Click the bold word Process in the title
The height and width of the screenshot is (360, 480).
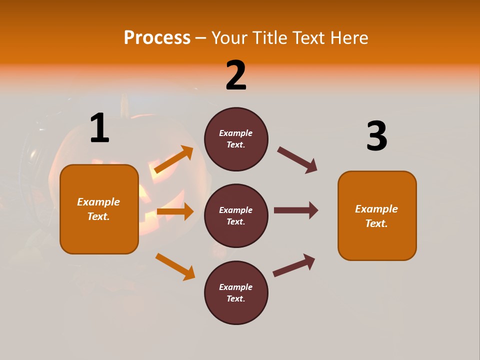(157, 38)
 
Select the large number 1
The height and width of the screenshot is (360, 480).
(99, 128)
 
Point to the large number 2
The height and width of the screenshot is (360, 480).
(236, 75)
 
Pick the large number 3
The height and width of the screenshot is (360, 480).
(376, 136)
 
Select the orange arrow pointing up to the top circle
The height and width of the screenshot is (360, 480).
(173, 159)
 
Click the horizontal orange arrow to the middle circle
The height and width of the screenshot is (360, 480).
(175, 211)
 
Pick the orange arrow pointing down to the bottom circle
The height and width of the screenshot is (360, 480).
(175, 266)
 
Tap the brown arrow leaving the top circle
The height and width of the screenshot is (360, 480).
(297, 160)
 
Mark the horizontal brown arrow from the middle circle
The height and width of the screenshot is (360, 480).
(295, 210)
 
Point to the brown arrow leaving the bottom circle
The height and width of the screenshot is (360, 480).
(294, 265)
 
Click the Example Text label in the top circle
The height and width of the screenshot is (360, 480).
(236, 139)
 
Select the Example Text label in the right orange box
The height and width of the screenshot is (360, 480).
(376, 216)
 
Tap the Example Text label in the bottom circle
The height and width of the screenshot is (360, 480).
(236, 293)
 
